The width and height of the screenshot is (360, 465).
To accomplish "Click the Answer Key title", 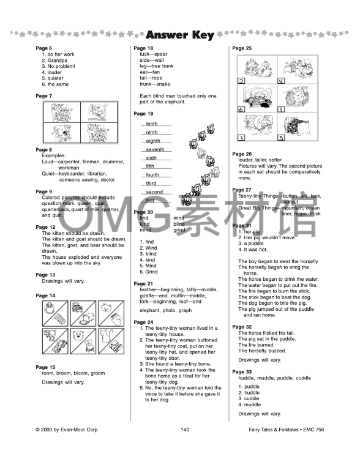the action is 180,35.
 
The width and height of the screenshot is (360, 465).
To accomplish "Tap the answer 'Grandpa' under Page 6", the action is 54,61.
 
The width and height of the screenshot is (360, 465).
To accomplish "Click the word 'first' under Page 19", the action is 150,200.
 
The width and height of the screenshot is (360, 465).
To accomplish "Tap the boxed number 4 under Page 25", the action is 281,81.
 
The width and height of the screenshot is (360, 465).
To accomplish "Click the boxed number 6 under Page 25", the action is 241,110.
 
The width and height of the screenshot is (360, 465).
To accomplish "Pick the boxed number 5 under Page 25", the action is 281,138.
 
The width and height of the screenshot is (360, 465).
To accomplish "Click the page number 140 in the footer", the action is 185,430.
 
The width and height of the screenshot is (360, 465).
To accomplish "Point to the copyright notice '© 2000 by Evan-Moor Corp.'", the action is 67,430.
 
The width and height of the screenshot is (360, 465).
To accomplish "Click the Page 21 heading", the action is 143,284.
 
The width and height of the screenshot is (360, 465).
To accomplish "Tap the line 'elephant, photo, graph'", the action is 165,310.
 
